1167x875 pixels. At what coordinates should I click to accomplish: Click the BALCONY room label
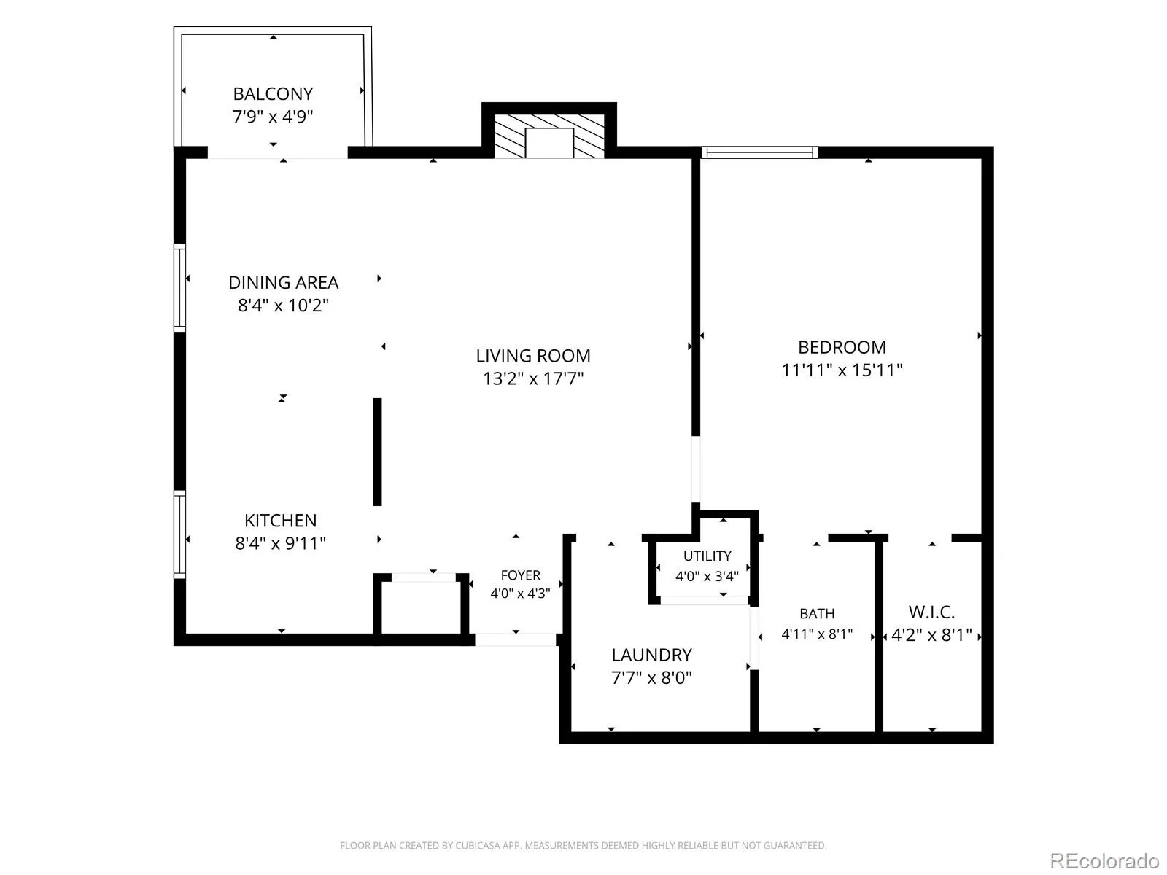[273, 94]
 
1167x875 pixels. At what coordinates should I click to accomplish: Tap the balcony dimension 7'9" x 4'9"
[273, 117]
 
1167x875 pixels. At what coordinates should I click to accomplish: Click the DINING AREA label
[284, 283]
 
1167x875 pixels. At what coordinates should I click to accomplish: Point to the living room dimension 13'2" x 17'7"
[533, 378]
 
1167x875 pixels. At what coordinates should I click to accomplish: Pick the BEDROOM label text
[842, 348]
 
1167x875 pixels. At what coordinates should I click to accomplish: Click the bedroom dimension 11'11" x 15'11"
[842, 370]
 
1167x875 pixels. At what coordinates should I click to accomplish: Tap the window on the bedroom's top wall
[760, 152]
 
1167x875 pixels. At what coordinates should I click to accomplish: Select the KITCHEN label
[280, 521]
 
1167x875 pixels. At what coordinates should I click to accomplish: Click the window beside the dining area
[179, 288]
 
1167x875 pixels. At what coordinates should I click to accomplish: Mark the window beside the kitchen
[179, 534]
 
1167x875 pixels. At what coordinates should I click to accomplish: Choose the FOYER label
[521, 575]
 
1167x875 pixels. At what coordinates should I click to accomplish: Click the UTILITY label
[707, 556]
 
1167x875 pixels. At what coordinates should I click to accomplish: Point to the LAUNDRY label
[651, 656]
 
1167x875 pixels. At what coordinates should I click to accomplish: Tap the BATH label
[817, 614]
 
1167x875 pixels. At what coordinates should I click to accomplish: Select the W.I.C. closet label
[931, 612]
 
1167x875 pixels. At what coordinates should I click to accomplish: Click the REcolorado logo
[1104, 860]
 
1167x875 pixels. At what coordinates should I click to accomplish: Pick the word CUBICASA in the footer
[478, 845]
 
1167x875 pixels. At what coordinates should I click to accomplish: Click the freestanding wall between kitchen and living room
[378, 452]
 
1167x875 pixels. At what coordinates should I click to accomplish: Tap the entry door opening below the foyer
[515, 640]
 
